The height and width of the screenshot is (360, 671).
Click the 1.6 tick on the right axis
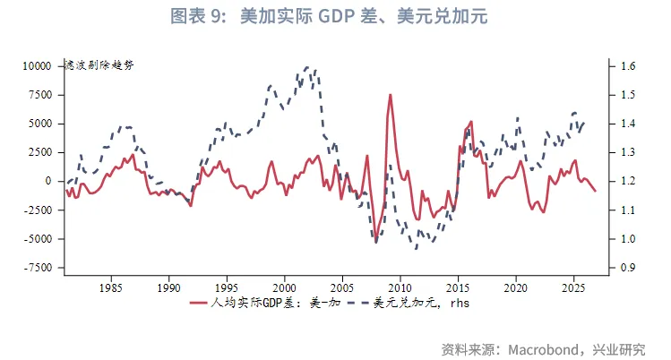pos(627,66)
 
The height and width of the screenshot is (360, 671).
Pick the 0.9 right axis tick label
pos(627,268)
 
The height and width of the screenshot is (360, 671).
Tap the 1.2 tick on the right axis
pos(627,181)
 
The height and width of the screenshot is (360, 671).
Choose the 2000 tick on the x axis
pos(284,288)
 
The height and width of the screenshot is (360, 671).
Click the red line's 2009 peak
pos(390,94)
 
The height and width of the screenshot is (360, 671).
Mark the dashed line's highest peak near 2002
pos(307,67)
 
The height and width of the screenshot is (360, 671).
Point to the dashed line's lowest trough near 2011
pos(416,248)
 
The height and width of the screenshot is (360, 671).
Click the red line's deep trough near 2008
pos(375,242)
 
